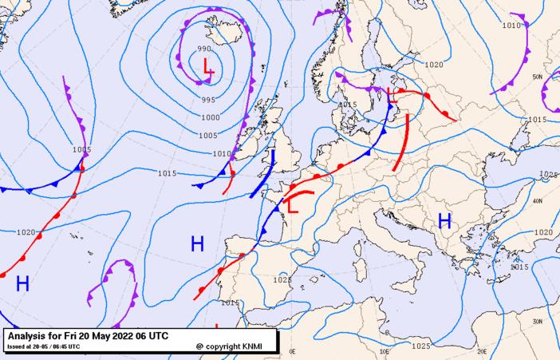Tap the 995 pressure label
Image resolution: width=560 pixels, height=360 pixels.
click(208, 100)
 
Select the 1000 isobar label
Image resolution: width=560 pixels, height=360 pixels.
click(211, 117)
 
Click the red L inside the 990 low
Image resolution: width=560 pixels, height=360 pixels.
click(208, 67)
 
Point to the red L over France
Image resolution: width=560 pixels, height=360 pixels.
click(293, 206)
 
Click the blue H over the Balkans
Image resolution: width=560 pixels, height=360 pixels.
click(444, 220)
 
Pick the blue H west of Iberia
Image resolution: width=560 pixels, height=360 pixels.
click(197, 243)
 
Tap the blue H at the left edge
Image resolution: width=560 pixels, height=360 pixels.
click(22, 282)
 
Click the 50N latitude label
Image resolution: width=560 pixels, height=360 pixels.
click(538, 77)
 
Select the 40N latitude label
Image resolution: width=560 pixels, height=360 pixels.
click(538, 201)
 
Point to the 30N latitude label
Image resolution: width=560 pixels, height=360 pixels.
click(538, 321)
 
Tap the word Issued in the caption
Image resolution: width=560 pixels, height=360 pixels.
click(17, 346)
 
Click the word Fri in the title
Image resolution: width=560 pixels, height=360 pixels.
click(71, 336)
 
